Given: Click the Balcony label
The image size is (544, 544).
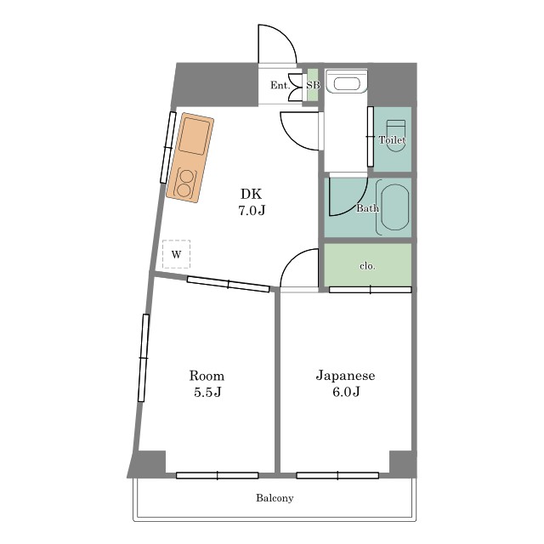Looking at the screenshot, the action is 275,498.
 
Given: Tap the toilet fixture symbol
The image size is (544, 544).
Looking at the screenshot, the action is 396,136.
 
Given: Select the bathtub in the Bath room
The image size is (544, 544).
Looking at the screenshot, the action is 394,207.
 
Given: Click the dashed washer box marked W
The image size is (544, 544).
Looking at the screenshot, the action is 176,254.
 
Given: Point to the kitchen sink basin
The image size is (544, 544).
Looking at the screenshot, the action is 195,136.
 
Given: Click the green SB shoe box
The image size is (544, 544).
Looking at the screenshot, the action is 313,85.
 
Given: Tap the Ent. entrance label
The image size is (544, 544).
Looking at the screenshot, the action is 280,85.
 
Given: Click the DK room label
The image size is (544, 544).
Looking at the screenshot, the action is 252,194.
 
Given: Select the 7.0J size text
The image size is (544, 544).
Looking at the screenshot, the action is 252,211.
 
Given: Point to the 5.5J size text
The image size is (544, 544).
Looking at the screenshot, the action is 207,392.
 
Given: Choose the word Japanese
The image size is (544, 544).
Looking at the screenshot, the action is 345,376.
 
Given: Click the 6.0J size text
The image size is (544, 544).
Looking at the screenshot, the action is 346,392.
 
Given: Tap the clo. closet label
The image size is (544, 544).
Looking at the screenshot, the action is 367,266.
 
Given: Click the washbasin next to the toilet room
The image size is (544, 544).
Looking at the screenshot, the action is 346,82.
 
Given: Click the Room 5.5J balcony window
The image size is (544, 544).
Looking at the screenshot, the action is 218,475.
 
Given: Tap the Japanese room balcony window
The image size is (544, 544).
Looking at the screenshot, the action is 337,475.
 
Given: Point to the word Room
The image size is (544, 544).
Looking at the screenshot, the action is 207,376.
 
